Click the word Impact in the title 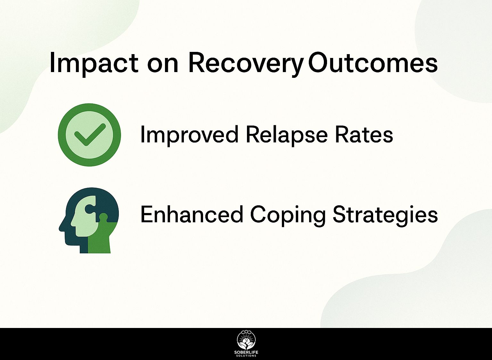(x=94, y=63)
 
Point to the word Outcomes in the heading (x=373, y=62)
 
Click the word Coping (x=287, y=216)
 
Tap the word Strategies (x=385, y=216)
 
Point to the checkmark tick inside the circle (x=90, y=135)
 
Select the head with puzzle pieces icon (x=89, y=220)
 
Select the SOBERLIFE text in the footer (x=246, y=353)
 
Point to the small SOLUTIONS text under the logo (x=246, y=356)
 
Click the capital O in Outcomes (x=318, y=62)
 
